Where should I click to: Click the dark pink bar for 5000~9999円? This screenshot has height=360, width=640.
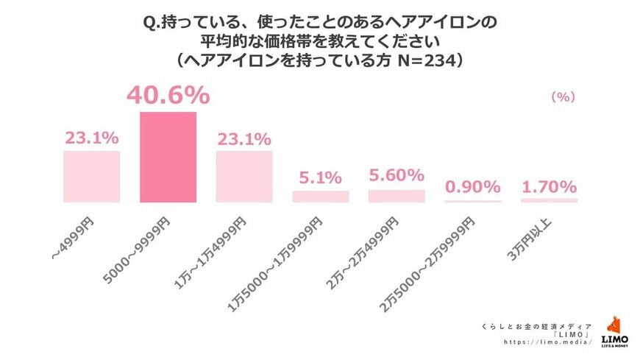tap(168, 157)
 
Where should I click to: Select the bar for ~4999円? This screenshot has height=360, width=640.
tap(91, 177)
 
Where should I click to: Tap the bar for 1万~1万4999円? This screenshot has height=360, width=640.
tap(244, 177)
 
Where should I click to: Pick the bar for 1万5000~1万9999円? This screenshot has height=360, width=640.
tap(321, 197)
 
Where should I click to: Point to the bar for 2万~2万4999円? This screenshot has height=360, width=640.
tap(397, 196)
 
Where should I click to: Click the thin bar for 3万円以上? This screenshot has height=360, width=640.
tap(549, 200)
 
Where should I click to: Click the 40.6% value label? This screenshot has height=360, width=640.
tap(168, 96)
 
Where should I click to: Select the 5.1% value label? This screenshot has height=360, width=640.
tap(321, 177)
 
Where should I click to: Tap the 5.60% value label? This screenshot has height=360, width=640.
tap(397, 175)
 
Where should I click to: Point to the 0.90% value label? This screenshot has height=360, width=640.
tap(473, 187)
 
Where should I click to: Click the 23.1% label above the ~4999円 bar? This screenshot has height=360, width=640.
tap(91, 138)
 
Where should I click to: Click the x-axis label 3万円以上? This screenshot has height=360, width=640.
tap(541, 236)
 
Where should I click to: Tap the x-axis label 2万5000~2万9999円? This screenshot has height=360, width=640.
tap(441, 255)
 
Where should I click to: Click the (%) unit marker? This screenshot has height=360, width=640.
tap(563, 96)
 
